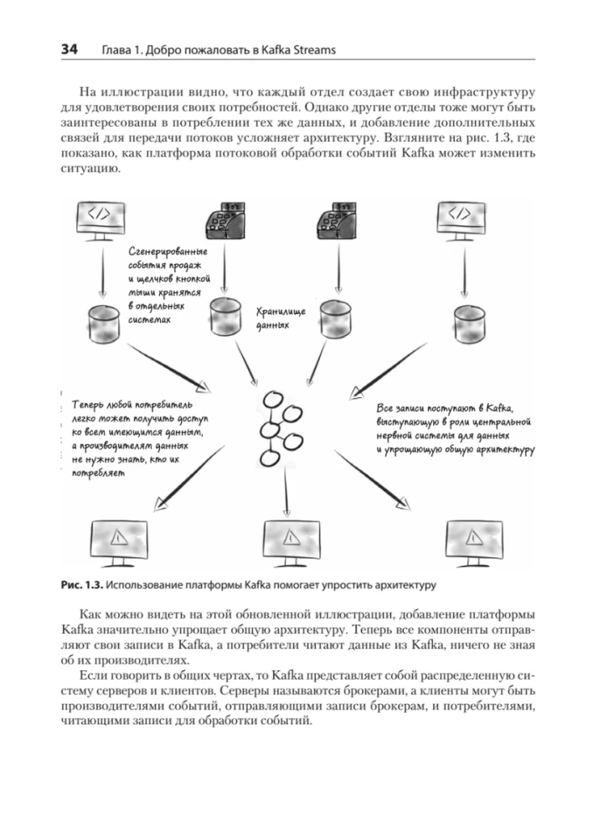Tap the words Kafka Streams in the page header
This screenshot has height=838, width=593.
click(x=297, y=50)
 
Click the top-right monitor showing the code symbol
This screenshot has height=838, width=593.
click(x=462, y=220)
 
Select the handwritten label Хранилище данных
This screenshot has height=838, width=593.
click(x=276, y=318)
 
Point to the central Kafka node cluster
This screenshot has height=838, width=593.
click(x=279, y=427)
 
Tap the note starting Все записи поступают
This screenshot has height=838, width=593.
click(x=449, y=429)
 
